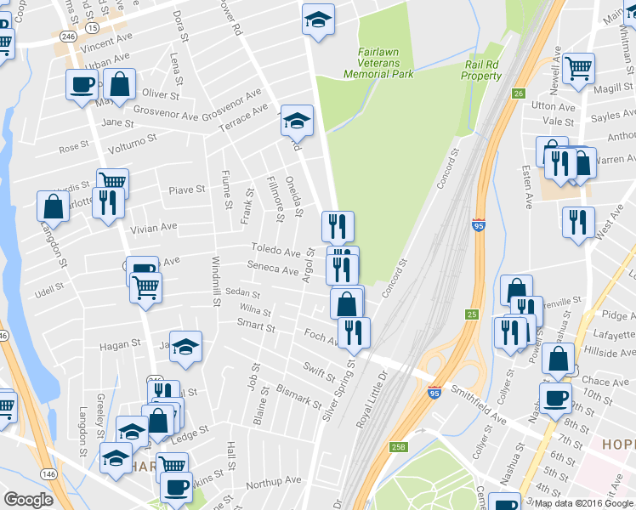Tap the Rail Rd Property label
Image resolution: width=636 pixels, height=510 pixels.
[482, 71]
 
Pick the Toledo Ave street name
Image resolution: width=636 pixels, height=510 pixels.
[275, 252]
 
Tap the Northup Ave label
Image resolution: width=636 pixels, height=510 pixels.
[274, 481]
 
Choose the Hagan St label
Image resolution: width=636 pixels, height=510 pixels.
[119, 344]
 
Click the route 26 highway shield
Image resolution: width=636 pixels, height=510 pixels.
[518, 93]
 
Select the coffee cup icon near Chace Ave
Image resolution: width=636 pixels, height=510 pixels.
[556, 397]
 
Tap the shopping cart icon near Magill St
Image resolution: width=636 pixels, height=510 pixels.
[578, 67]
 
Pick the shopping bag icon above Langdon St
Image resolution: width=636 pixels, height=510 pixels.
[53, 205]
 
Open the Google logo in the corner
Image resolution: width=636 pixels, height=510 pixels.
[28, 500]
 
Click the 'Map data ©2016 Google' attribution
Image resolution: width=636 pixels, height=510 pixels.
[583, 503]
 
